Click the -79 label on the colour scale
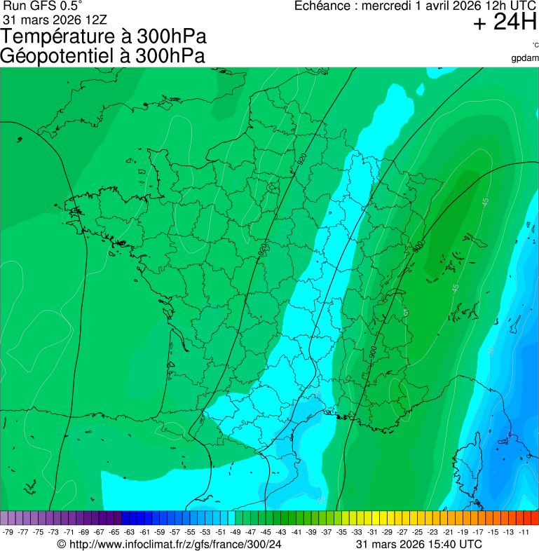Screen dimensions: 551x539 click(x=8, y=532)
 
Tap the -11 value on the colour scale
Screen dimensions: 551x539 click(x=524, y=532)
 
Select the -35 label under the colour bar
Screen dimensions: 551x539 click(x=342, y=532)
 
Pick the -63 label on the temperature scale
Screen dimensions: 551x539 click(x=130, y=532)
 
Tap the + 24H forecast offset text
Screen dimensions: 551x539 click(x=505, y=23)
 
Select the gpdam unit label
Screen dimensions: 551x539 click(x=525, y=57)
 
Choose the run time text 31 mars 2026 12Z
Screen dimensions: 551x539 click(x=55, y=18)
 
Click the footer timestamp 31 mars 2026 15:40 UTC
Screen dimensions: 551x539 click(x=418, y=544)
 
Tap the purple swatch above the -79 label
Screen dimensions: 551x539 click(x=5, y=518)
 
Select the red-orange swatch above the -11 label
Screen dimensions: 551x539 click(x=534, y=518)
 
